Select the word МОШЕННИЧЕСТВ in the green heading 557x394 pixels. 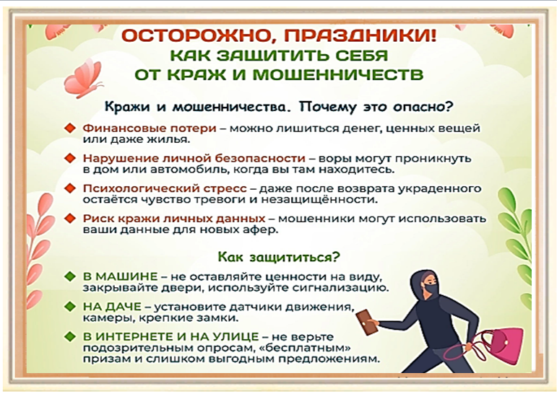tap(339, 74)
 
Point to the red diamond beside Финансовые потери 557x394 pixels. tap(70, 128)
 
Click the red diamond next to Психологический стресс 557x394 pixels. tap(70, 188)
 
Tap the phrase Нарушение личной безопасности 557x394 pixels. tap(194, 158)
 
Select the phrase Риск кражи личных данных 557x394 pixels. tap(174, 219)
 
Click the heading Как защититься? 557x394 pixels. tap(279, 257)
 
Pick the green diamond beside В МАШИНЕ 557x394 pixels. tap(70, 276)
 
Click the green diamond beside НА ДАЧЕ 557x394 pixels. tap(70, 307)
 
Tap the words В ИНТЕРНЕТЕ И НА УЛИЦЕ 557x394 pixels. tap(171, 336)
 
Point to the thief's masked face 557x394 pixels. tap(430, 284)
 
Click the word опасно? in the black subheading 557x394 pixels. tap(423, 107)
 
